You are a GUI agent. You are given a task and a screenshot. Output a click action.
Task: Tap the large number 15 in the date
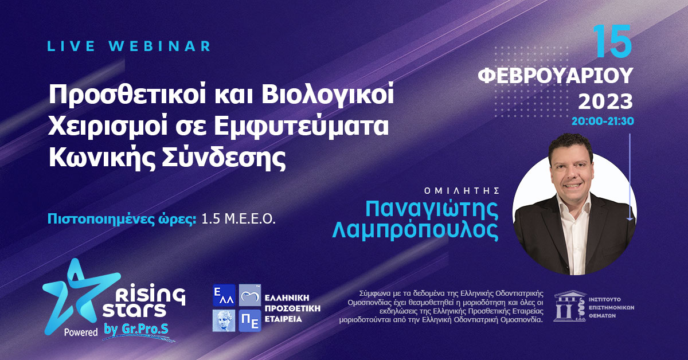[x=612, y=42]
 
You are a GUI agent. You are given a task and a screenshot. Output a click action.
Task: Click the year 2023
[x=605, y=102]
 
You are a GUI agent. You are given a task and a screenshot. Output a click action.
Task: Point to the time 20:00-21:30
[x=602, y=122]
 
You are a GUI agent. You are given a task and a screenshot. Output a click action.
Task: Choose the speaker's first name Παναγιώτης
[x=431, y=209]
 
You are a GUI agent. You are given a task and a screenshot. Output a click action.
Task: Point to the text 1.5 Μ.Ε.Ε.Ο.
[x=239, y=219]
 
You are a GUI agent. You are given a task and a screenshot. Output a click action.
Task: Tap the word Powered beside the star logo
[x=81, y=332]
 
